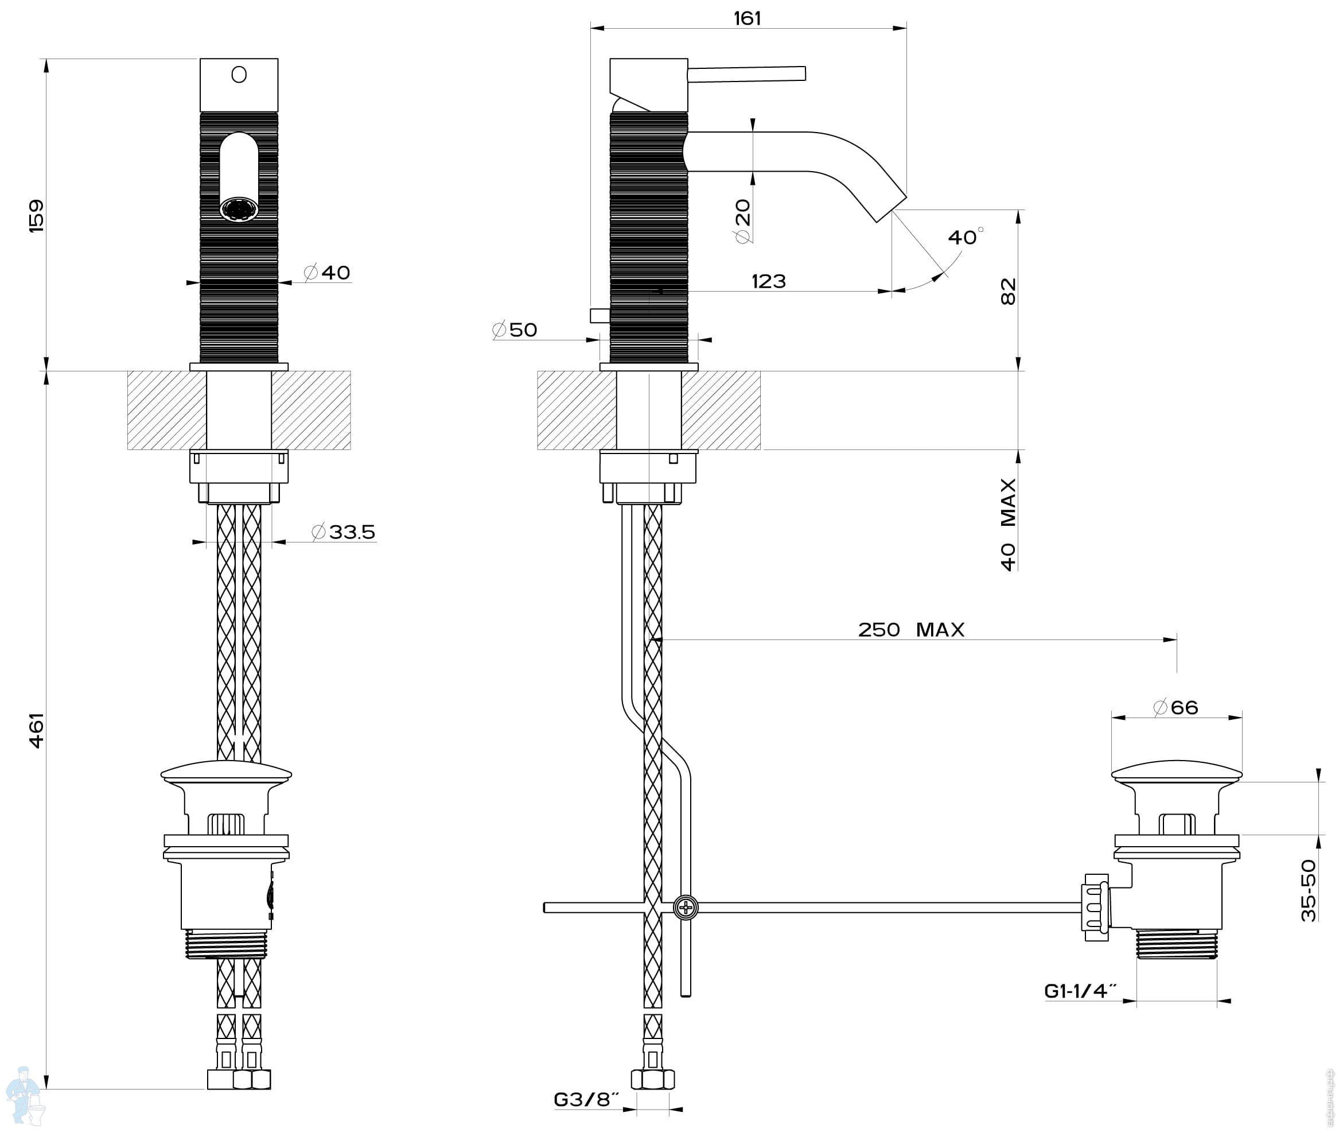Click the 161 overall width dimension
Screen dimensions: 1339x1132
(x=747, y=18)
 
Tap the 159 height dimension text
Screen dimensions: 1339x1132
(x=37, y=216)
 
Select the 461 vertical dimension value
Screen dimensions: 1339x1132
(x=37, y=730)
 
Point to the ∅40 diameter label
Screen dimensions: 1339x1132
(x=327, y=272)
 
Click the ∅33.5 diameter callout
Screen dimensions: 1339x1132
(x=343, y=532)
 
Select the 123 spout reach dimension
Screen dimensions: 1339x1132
(x=768, y=281)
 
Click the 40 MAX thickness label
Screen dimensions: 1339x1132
(x=1008, y=524)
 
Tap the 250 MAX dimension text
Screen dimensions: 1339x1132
(x=911, y=630)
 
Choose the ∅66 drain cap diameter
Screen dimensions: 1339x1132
(x=1175, y=707)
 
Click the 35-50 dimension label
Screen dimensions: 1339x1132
(x=1308, y=891)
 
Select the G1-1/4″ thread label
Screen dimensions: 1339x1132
(x=1081, y=991)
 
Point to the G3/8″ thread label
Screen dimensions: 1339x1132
(x=586, y=1100)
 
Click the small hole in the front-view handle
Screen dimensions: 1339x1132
(x=239, y=75)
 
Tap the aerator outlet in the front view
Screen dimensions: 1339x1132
(x=239, y=209)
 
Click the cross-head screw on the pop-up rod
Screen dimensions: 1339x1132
(x=686, y=908)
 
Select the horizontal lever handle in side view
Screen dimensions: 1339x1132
(x=746, y=74)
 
